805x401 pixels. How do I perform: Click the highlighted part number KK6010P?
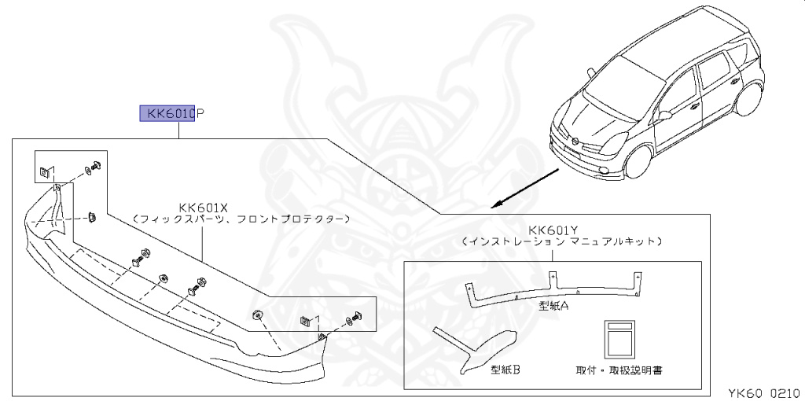point(171,114)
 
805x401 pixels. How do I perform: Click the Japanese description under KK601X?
point(241,219)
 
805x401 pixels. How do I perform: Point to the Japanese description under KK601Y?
point(561,241)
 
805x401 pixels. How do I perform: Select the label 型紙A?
point(553,305)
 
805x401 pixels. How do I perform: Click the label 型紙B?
point(506,367)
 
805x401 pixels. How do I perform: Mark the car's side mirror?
point(665,115)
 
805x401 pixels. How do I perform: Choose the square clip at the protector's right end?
point(306,321)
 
